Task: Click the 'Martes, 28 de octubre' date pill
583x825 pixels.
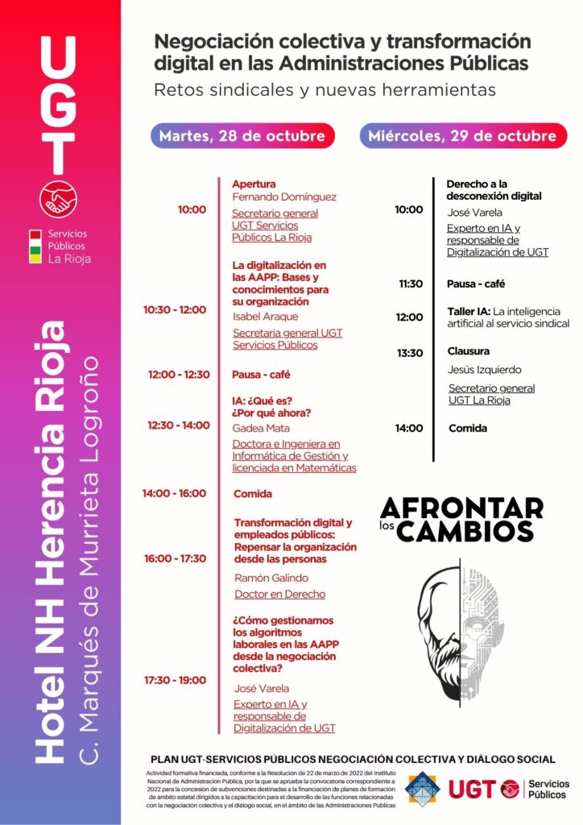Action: [x=242, y=135]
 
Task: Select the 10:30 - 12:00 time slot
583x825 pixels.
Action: [x=175, y=309]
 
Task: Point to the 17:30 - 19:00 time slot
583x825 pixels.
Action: [x=175, y=680]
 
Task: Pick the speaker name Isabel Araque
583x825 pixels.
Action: [x=265, y=317]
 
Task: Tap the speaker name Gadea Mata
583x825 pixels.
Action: [x=261, y=428]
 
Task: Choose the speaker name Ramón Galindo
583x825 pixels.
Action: [x=271, y=578]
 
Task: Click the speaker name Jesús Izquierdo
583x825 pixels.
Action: [x=485, y=370]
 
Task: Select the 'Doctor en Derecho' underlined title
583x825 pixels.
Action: [x=279, y=595]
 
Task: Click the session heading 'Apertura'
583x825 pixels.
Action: [x=254, y=184]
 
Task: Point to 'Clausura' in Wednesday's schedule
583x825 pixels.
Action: [x=469, y=351]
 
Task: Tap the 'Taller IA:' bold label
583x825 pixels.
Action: [x=469, y=311]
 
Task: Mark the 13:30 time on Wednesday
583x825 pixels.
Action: [x=409, y=353]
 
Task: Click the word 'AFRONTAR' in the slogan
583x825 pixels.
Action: [x=461, y=508]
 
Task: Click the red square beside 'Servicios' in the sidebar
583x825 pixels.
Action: [x=35, y=234]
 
